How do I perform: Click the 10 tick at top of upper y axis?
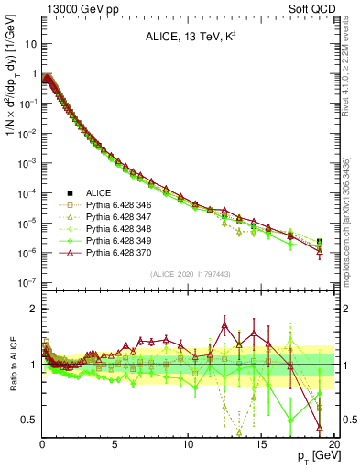(x=30, y=44)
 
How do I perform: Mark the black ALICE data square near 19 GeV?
(x=319, y=242)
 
